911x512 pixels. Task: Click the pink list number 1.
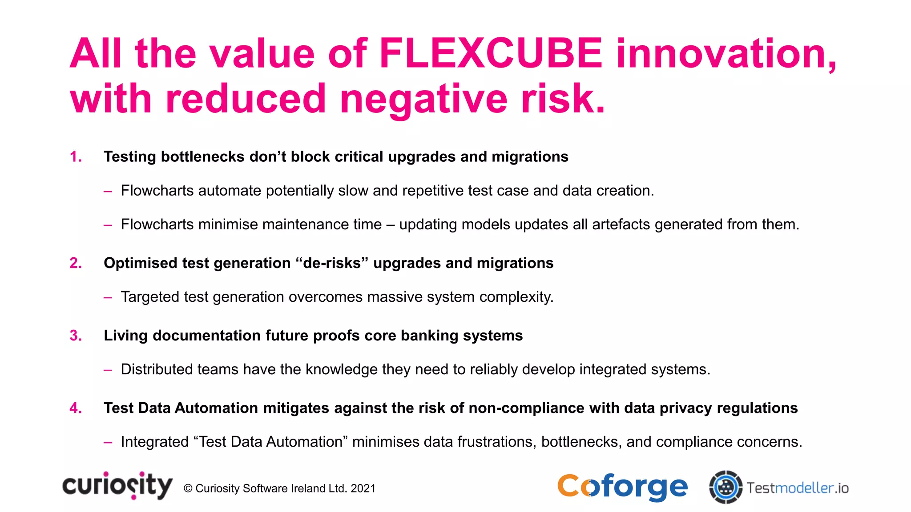coord(76,157)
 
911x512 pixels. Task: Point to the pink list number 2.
coord(76,263)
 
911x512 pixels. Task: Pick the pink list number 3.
coord(76,336)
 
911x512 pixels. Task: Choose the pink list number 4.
coord(76,408)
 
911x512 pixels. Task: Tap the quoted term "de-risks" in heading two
coord(332,263)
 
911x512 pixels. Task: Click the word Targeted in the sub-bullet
coord(150,297)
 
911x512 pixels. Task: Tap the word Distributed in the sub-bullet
coord(157,369)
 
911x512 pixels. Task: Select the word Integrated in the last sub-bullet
coord(155,442)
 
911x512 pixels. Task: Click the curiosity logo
coord(117,486)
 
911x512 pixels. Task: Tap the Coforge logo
coord(622,488)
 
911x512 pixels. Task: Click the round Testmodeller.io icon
coord(726,487)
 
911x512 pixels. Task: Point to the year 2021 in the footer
coord(363,488)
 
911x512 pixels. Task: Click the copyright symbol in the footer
coord(188,488)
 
